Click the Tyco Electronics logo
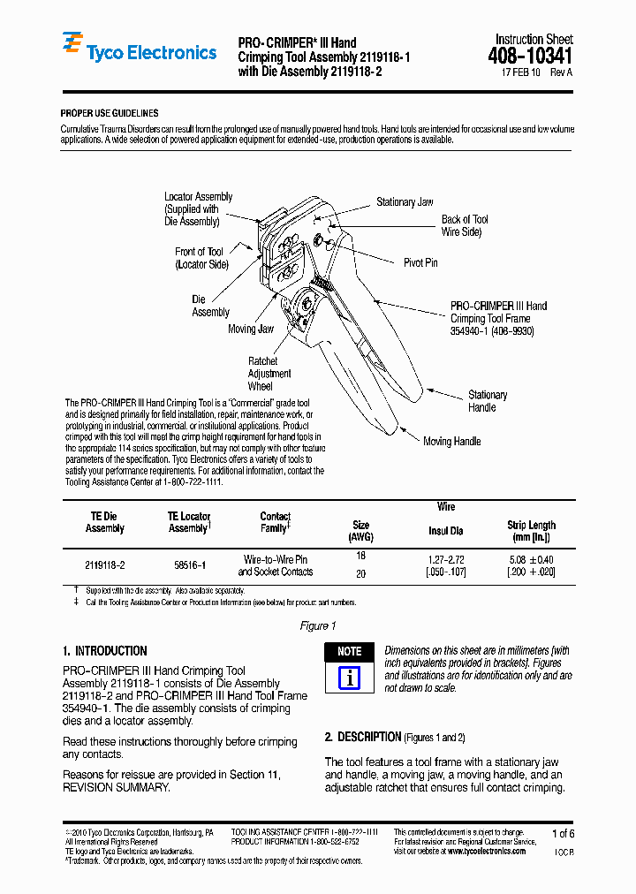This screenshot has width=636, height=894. click(139, 51)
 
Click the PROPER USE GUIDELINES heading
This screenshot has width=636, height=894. click(109, 114)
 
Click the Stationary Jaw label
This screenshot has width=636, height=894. click(405, 202)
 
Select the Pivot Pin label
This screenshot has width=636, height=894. click(420, 262)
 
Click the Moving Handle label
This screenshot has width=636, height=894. click(451, 442)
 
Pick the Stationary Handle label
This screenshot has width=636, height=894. click(487, 401)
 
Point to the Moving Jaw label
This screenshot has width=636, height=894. click(251, 330)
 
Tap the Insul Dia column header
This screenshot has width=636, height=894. click(446, 531)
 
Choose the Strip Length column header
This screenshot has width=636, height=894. click(531, 531)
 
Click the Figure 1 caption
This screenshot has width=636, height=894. click(318, 626)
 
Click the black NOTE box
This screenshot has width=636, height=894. click(349, 652)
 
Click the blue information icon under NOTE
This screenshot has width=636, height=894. click(349, 678)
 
